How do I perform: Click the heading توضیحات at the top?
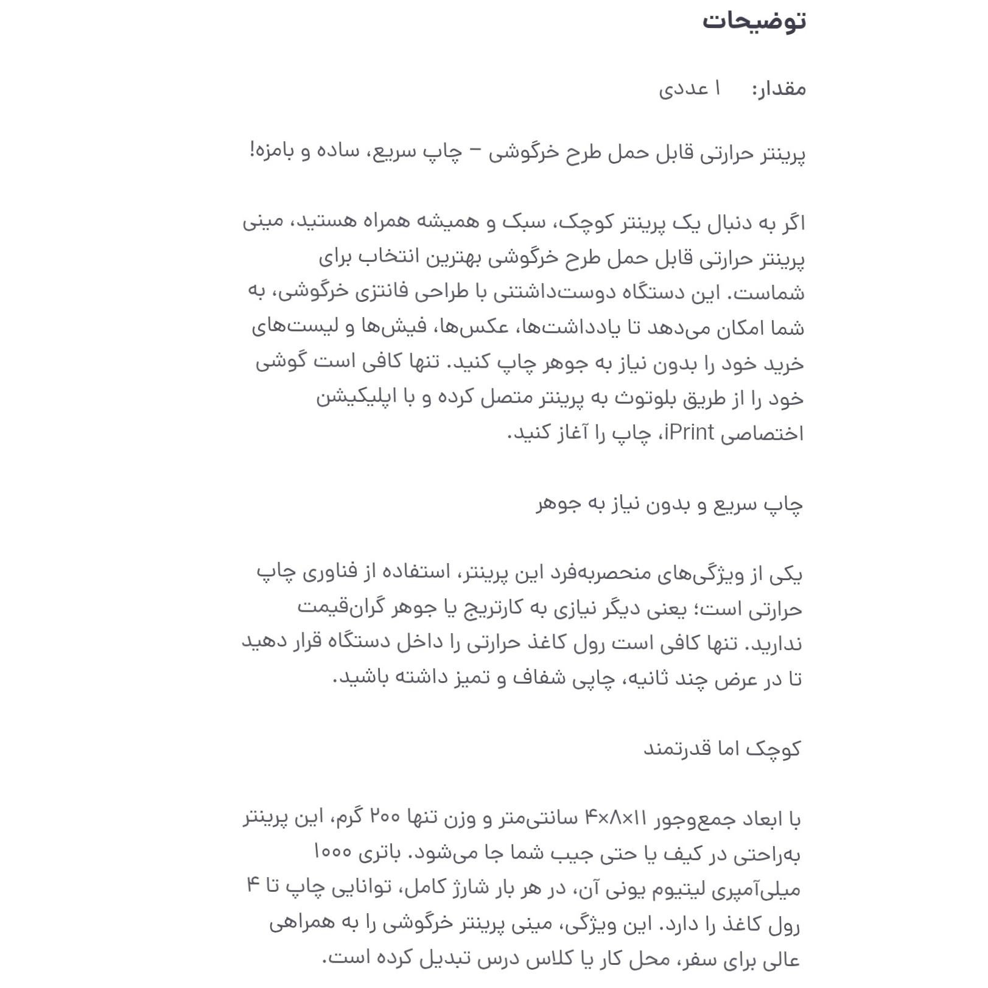coord(754,21)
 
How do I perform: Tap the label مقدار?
coord(779,89)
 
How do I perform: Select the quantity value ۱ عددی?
coord(690,89)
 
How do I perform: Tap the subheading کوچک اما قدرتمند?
coord(722,748)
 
